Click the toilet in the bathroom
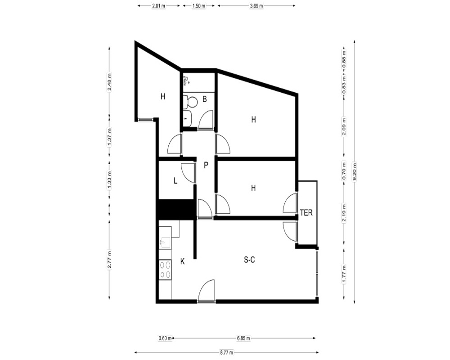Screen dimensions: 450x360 pyautogui.click(x=190, y=102)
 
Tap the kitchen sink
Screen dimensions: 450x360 pyautogui.click(x=165, y=243)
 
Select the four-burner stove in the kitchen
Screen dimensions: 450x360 pyautogui.click(x=165, y=270)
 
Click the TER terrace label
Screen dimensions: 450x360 pyautogui.click(x=306, y=213)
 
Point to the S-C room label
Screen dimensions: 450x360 pyautogui.click(x=249, y=260)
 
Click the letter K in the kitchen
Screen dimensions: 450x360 pyautogui.click(x=182, y=261)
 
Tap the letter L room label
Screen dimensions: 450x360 pyautogui.click(x=175, y=180)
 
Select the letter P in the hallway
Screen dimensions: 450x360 pyautogui.click(x=206, y=165)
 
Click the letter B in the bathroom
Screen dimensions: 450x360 pyautogui.click(x=205, y=99)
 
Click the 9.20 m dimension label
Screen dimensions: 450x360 pyautogui.click(x=355, y=171)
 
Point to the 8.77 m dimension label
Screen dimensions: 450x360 pyautogui.click(x=226, y=352)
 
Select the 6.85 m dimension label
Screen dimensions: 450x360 pyautogui.click(x=243, y=338)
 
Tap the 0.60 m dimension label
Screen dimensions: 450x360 pyautogui.click(x=165, y=338)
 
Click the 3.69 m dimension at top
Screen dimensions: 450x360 pyautogui.click(x=256, y=6)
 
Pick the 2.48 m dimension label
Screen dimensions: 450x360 pyautogui.click(x=109, y=82)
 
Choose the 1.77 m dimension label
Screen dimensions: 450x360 pyautogui.click(x=344, y=274)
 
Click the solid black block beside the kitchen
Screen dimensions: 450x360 pyautogui.click(x=175, y=209)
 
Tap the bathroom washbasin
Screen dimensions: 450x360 pyautogui.click(x=187, y=118)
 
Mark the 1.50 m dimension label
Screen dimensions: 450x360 pyautogui.click(x=198, y=6)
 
